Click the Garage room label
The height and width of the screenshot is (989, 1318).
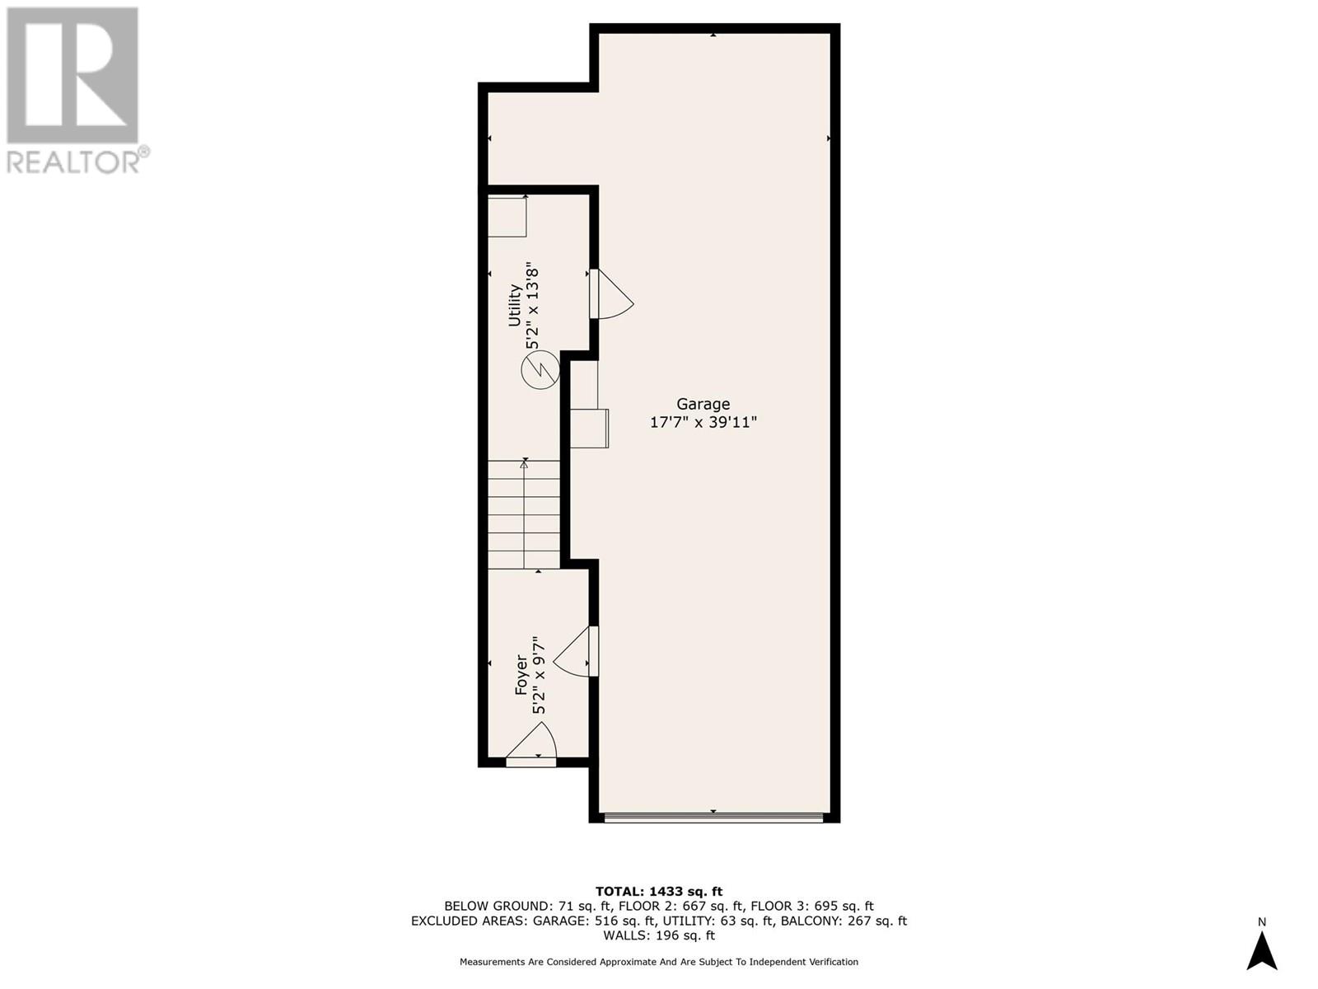(x=703, y=404)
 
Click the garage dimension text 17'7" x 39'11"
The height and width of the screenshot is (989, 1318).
(x=703, y=423)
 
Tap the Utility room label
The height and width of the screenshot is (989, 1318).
(x=515, y=305)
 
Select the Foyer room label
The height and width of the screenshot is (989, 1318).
(x=521, y=674)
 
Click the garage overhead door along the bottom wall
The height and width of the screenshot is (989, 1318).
(x=713, y=818)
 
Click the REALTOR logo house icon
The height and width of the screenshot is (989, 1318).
(x=72, y=75)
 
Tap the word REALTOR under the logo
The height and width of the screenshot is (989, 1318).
(x=74, y=161)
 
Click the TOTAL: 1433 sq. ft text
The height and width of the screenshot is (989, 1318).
(x=658, y=891)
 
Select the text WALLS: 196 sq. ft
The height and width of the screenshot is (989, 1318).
(x=658, y=935)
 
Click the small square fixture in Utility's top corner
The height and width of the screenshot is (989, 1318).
(x=507, y=217)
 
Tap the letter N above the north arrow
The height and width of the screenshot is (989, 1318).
(x=1261, y=921)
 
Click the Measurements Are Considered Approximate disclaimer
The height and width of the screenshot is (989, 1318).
(x=658, y=962)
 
